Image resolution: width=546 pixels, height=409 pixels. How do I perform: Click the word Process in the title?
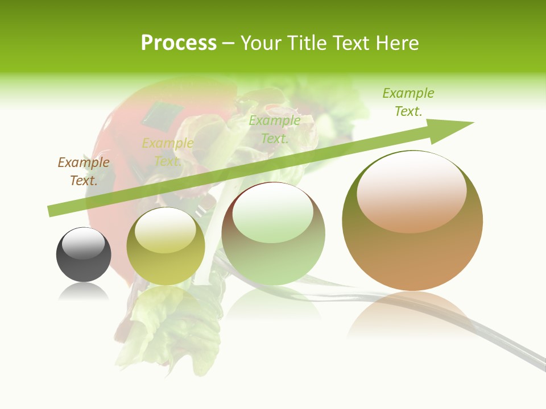click(179, 43)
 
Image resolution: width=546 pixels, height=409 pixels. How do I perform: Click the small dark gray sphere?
click(84, 254)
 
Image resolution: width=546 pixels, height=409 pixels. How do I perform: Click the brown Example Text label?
click(84, 171)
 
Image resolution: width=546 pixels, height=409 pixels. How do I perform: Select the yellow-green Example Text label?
click(168, 152)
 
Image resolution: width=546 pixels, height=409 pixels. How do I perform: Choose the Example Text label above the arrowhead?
click(408, 102)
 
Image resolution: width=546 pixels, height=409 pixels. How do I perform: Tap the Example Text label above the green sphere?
click(275, 129)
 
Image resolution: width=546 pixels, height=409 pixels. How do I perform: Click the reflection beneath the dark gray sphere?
click(84, 292)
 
